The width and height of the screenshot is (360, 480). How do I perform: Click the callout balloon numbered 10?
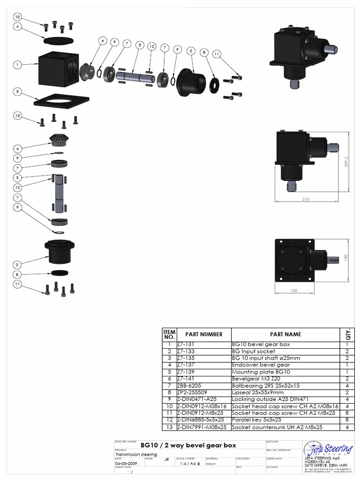pyautogui.click(x=17, y=17)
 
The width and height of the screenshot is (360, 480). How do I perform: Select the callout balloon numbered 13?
pyautogui.click(x=17, y=116)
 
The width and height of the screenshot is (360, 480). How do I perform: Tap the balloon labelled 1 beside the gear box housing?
pyautogui.click(x=17, y=65)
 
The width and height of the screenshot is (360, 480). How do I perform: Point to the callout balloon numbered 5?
pyautogui.click(x=17, y=92)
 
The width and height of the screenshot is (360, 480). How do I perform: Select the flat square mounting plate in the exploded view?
pyautogui.click(x=61, y=102)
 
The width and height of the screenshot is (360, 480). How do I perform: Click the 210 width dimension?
pyautogui.click(x=306, y=199)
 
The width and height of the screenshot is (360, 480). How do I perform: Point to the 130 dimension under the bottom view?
pyautogui.click(x=293, y=291)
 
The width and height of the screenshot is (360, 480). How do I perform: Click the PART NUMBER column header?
pyautogui.click(x=204, y=334)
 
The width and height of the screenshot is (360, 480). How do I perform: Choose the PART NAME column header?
pyautogui.click(x=285, y=334)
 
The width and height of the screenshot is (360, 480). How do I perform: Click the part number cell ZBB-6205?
pyautogui.click(x=190, y=385)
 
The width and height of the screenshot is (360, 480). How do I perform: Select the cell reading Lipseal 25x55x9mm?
pyautogui.click(x=258, y=392)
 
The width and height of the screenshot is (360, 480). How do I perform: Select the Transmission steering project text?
pyautogui.click(x=136, y=454)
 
